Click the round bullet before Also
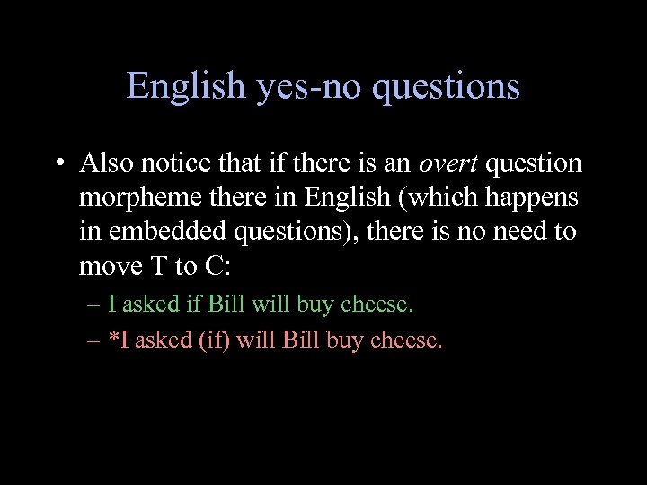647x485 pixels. tap(58, 163)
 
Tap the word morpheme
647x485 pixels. tap(132, 198)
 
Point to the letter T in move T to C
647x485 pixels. tap(148, 266)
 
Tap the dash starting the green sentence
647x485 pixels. tap(95, 304)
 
